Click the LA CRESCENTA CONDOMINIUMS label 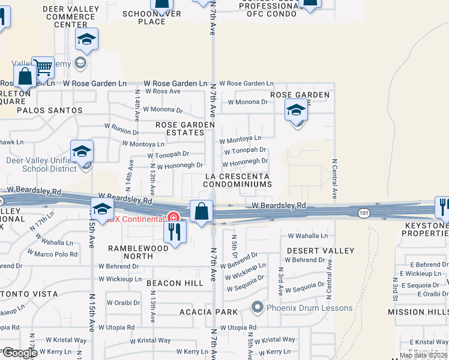pyautogui.click(x=237, y=180)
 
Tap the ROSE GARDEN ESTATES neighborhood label pyautogui.click(x=185, y=128)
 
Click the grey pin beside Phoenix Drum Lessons pyautogui.click(x=258, y=308)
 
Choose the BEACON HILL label pyautogui.click(x=170, y=283)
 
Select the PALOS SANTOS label pyautogui.click(x=49, y=110)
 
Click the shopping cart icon pyautogui.click(x=43, y=68)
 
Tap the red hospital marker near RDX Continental pyautogui.click(x=173, y=217)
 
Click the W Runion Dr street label pyautogui.click(x=122, y=127)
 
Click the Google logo pyautogui.click(x=19, y=353)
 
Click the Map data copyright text pyautogui.click(x=423, y=355)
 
